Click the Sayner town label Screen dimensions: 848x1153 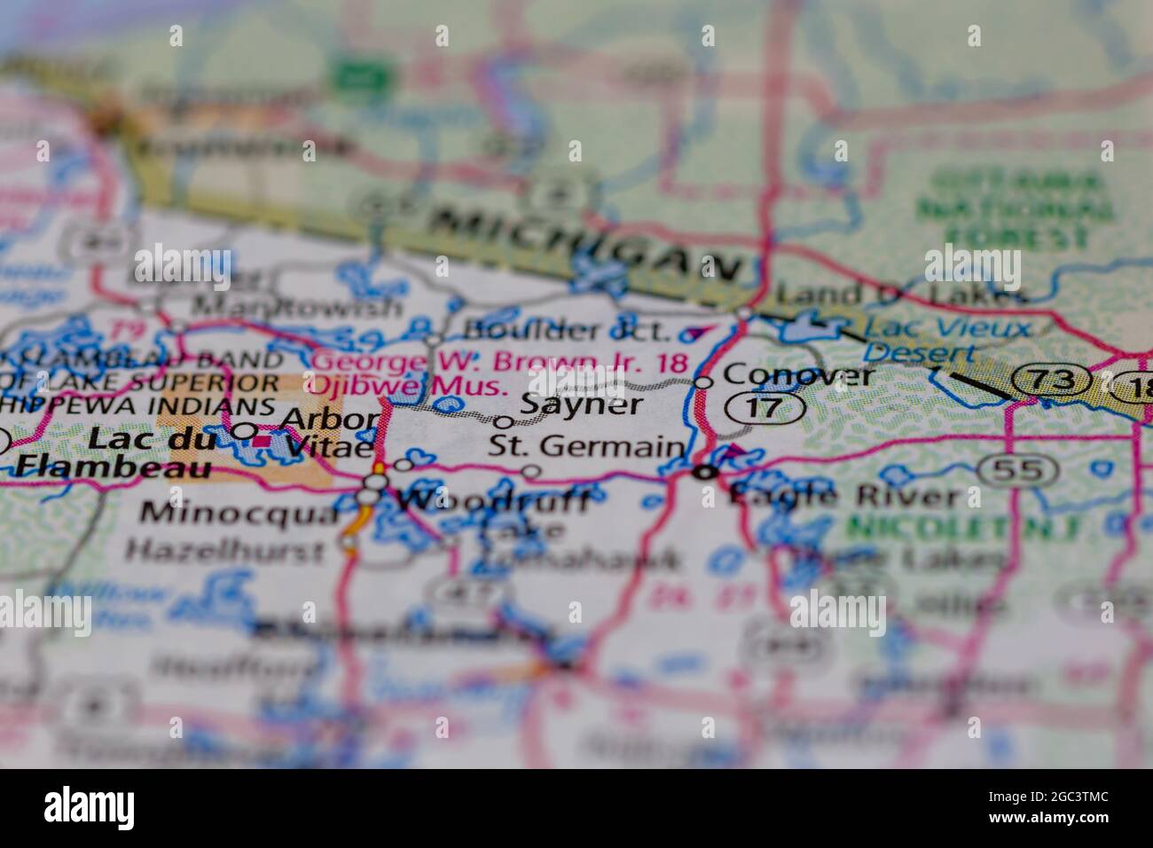[x=580, y=404]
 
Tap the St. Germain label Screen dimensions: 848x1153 [x=586, y=446]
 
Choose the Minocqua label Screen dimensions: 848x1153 [x=239, y=513]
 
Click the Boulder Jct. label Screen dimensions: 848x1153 [x=568, y=332]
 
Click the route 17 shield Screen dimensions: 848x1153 [x=765, y=408]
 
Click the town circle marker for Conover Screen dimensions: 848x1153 [x=703, y=382]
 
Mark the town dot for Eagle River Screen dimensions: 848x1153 [x=705, y=473]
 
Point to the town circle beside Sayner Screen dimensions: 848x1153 [x=504, y=422]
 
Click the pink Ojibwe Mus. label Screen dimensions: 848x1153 [x=407, y=386]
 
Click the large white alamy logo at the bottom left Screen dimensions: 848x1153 [x=90, y=806]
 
